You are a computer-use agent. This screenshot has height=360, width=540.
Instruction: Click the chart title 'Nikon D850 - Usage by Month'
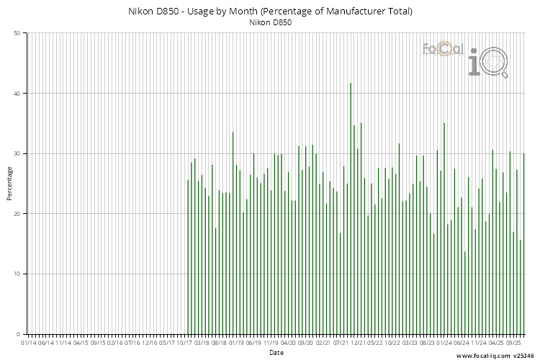[270, 12]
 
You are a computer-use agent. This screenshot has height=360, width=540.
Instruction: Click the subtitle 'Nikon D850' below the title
[270, 23]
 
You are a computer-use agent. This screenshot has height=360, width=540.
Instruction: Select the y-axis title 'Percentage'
[10, 183]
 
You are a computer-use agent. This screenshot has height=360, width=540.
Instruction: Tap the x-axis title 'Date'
[276, 353]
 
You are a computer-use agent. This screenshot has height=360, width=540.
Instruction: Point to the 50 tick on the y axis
[17, 33]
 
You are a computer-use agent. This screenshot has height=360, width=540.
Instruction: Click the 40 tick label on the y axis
[17, 94]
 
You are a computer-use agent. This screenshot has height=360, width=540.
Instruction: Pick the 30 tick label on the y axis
[17, 153]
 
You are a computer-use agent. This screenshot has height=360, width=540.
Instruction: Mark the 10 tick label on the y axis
[17, 274]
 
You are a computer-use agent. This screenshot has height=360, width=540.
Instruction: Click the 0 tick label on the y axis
[18, 334]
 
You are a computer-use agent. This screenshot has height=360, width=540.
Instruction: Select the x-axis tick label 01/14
[29, 343]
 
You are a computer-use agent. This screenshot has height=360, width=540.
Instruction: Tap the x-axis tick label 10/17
[186, 343]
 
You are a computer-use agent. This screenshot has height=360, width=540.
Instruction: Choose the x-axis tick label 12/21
[358, 343]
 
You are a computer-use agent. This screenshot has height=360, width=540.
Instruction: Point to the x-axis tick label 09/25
[513, 343]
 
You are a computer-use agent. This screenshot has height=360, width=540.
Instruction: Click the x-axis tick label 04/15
[81, 343]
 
